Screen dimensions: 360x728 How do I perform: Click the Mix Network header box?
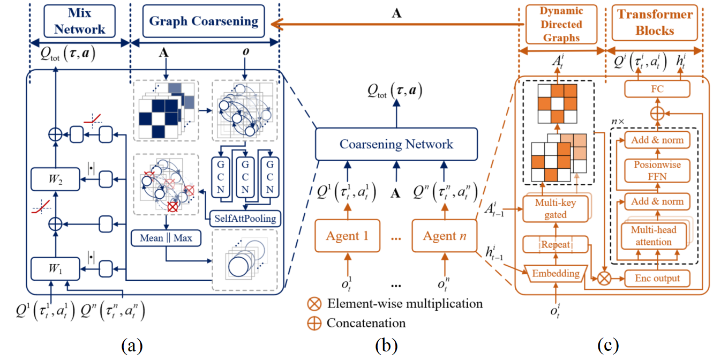tap(81, 21)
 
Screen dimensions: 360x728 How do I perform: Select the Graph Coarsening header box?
tap(204, 21)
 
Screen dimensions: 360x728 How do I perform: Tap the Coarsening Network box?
tap(396, 144)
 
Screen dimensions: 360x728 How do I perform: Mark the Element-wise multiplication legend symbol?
tap(316, 304)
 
